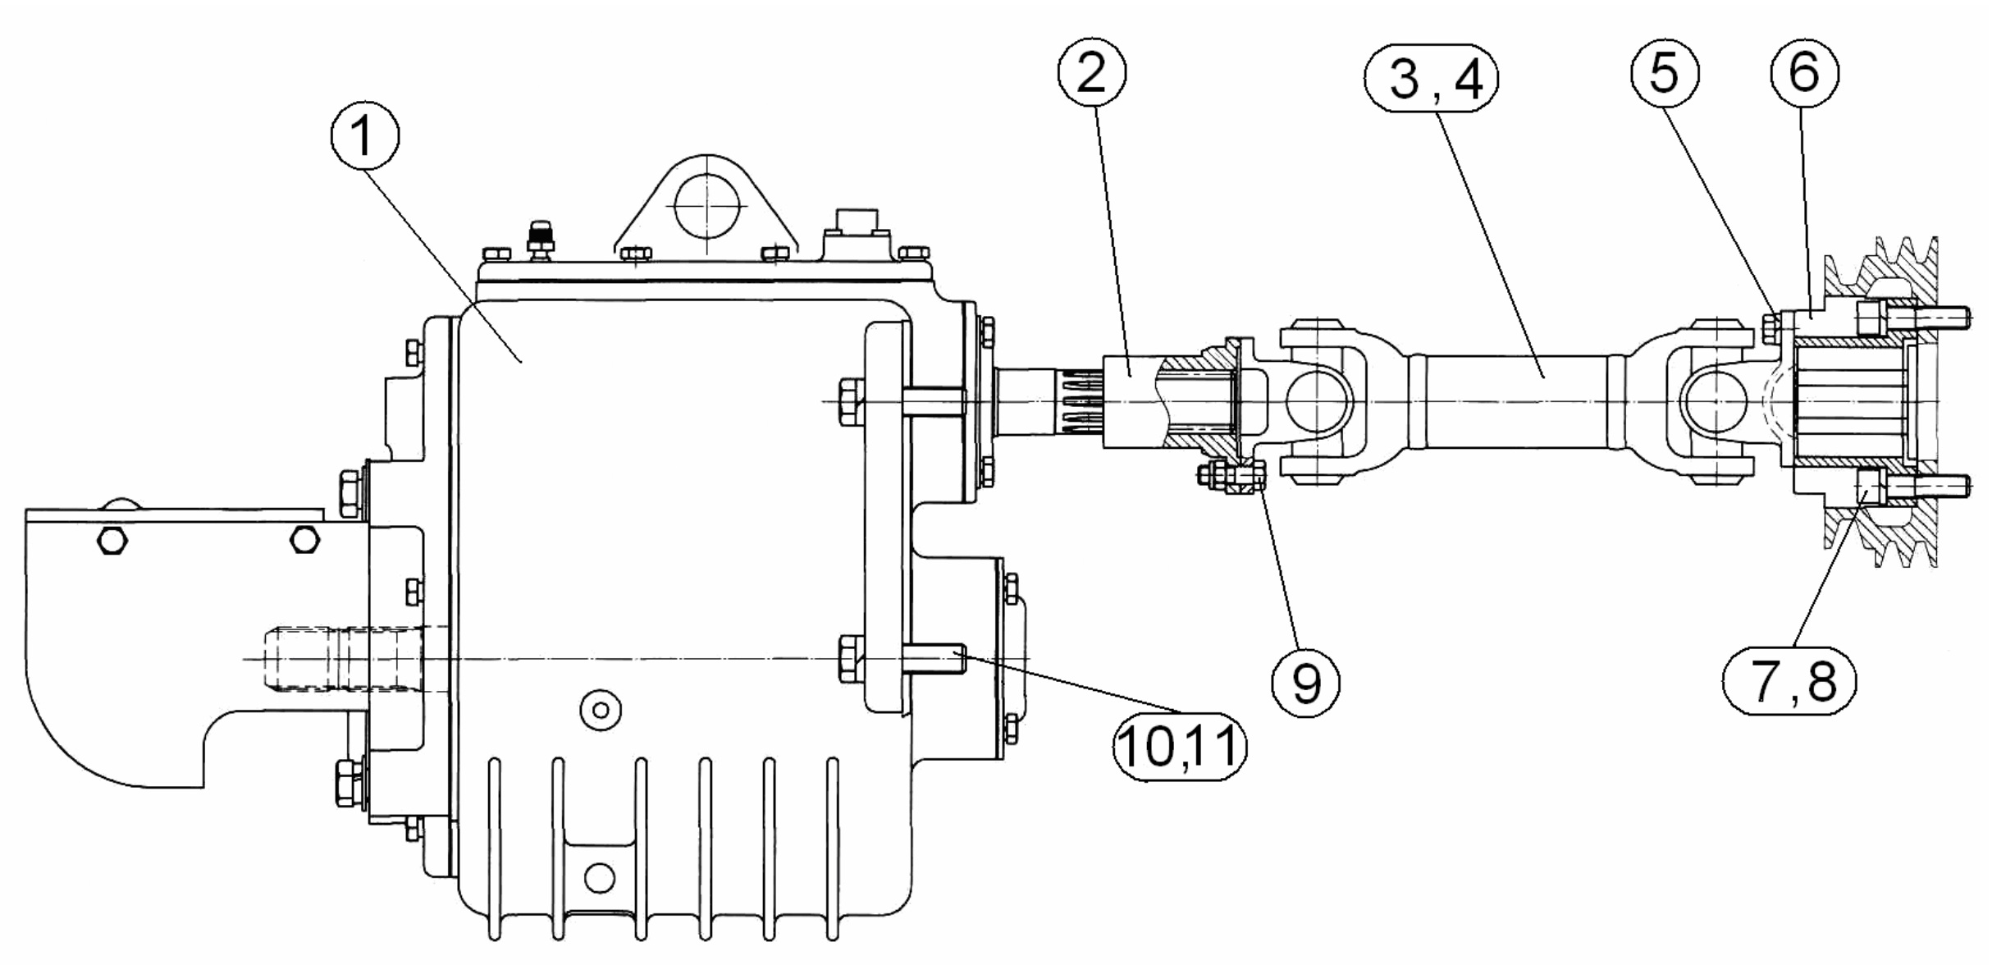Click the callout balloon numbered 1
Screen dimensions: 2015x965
[365, 136]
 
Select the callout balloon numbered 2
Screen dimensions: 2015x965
[1091, 73]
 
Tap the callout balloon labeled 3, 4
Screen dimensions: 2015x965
[1431, 79]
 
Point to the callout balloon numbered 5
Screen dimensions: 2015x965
[1664, 73]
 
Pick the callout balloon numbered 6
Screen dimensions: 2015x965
[1804, 73]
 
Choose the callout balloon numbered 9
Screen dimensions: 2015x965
[1306, 682]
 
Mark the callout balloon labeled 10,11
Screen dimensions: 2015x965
[1179, 746]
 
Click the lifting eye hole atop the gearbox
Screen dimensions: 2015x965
[706, 205]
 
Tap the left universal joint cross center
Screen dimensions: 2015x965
[1318, 401]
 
